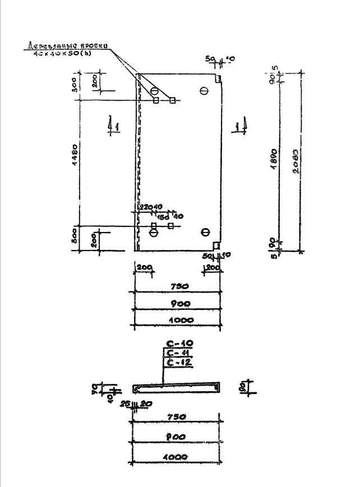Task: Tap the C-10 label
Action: point(177,344)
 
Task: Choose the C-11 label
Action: point(177,353)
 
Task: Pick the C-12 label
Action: point(177,363)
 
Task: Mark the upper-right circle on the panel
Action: point(204,90)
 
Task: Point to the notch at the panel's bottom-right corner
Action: point(216,245)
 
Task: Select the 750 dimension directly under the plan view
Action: point(178,286)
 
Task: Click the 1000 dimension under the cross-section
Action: point(177,458)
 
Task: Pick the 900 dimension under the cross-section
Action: point(177,437)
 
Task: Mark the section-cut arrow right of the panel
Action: point(242,124)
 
